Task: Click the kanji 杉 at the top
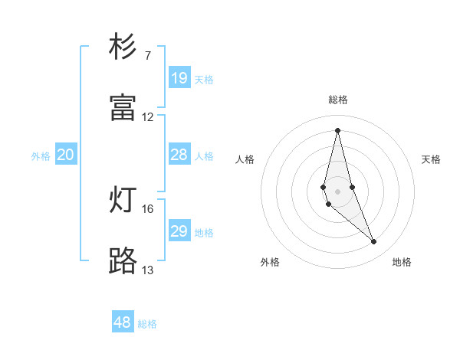[123, 47]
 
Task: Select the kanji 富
[123, 108]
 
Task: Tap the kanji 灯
[123, 200]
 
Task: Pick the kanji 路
[123, 261]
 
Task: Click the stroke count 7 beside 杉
[148, 56]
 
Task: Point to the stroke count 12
[148, 117]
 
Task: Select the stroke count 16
[148, 208]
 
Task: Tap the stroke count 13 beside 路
[148, 270]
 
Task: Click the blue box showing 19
[179, 78]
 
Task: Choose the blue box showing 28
[179, 155]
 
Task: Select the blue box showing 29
[179, 231]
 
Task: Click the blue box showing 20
[66, 155]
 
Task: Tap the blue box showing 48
[123, 322]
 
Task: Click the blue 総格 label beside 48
[147, 324]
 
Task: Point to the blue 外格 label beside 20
[41, 156]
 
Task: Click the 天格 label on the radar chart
[431, 159]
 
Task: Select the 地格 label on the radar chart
[402, 262]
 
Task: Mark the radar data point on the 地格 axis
[374, 242]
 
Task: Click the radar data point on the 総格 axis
[337, 129]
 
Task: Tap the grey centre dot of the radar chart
[337, 191]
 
